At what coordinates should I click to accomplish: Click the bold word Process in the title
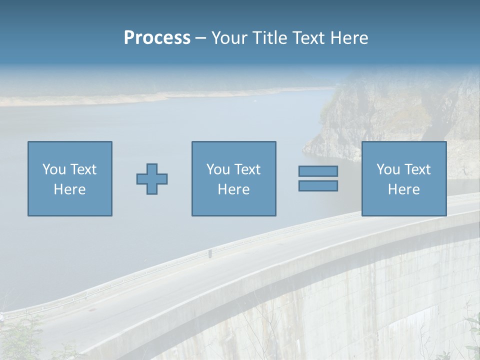[157, 38]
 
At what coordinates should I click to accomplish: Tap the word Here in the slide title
[348, 38]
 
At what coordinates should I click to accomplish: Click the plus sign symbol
[152, 179]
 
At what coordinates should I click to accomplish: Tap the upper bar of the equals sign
[318, 171]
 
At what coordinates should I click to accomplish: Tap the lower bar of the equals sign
[318, 186]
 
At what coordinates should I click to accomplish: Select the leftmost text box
[70, 178]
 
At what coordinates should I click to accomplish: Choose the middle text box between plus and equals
[233, 178]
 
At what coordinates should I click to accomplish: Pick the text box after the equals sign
[404, 178]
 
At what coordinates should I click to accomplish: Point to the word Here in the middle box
[233, 189]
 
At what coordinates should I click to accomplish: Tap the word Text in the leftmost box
[83, 169]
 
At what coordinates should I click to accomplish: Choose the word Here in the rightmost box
[404, 189]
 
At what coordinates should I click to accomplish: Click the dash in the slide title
[200, 38]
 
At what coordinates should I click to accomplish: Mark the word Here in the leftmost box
[70, 189]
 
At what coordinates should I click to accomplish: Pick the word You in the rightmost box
[388, 169]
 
